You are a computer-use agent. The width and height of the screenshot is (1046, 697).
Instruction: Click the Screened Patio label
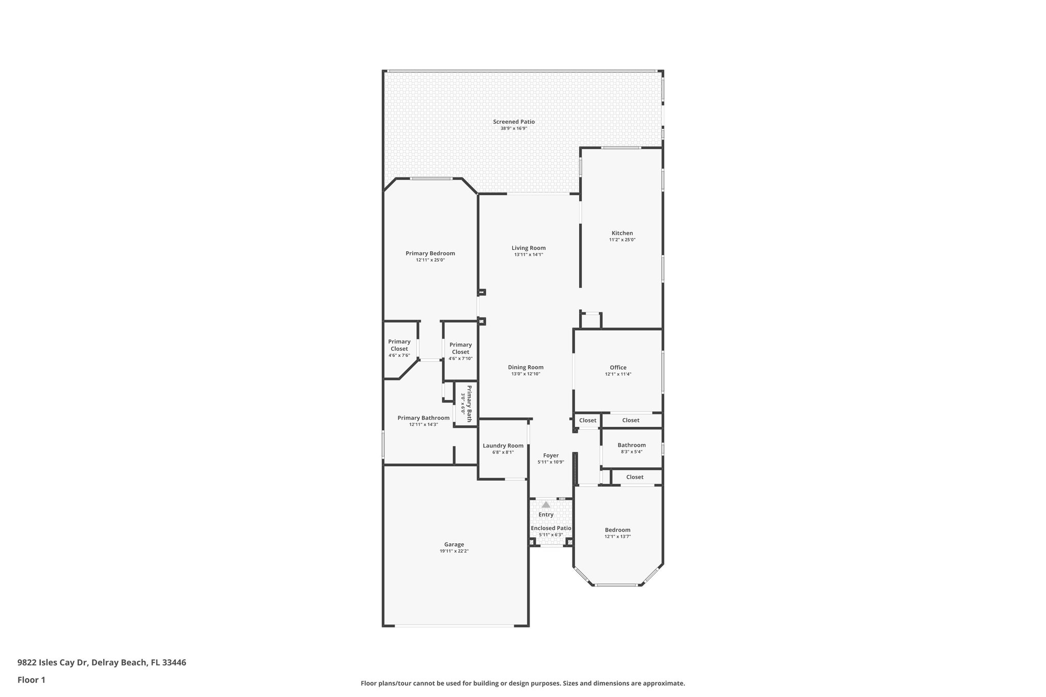pyautogui.click(x=514, y=122)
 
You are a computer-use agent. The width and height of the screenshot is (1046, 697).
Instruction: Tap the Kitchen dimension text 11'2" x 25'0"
pyautogui.click(x=622, y=240)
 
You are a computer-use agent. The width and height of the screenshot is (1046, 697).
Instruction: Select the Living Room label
pyautogui.click(x=529, y=248)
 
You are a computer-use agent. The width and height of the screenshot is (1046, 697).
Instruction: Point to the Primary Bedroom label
pyautogui.click(x=430, y=253)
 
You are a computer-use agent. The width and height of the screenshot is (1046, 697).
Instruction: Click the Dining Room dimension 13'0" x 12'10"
pyautogui.click(x=526, y=374)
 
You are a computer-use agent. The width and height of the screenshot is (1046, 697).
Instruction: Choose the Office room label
pyautogui.click(x=618, y=368)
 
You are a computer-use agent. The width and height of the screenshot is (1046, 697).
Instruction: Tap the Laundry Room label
pyautogui.click(x=503, y=446)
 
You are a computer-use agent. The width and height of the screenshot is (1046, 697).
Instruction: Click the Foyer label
pyautogui.click(x=551, y=455)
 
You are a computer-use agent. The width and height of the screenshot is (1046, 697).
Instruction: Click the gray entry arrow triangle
pyautogui.click(x=546, y=504)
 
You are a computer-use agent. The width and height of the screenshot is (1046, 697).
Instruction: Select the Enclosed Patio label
pyautogui.click(x=551, y=528)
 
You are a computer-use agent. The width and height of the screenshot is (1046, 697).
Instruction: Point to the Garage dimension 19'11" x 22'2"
pyautogui.click(x=454, y=551)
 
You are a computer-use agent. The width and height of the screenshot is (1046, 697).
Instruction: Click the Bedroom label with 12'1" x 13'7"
pyautogui.click(x=617, y=530)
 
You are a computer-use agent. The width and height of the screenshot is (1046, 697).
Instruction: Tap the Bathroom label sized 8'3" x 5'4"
pyautogui.click(x=632, y=445)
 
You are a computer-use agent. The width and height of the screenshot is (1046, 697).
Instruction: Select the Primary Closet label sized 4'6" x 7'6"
pyautogui.click(x=399, y=345)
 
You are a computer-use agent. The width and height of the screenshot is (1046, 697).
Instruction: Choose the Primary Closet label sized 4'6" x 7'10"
pyautogui.click(x=460, y=348)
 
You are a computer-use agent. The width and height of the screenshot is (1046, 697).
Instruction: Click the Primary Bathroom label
pyautogui.click(x=423, y=418)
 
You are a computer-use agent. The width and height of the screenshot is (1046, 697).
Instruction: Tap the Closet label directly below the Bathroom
pyautogui.click(x=635, y=477)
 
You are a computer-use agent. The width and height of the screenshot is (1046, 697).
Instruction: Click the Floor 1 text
pyautogui.click(x=32, y=680)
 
